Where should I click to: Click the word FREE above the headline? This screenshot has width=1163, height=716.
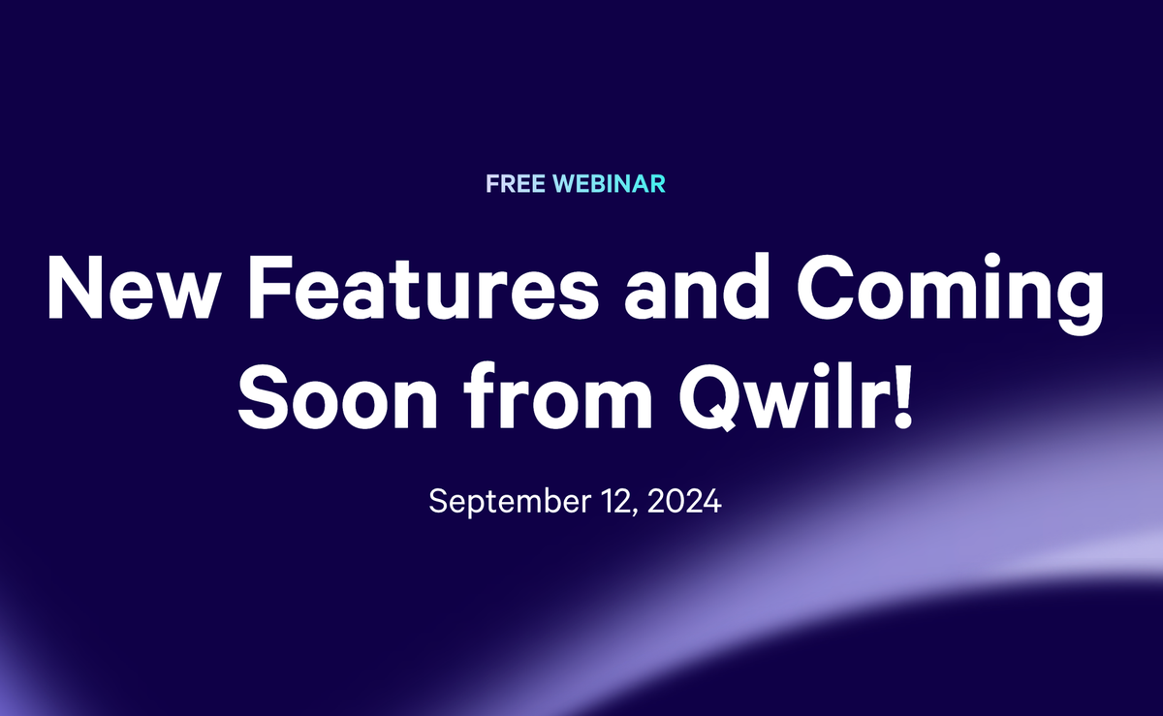click(516, 184)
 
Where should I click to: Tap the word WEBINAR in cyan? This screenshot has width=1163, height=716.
click(609, 184)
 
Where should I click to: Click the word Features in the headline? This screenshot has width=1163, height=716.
click(424, 287)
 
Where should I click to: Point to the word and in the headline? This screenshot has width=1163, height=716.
click(697, 286)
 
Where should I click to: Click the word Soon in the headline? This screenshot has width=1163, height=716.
click(338, 396)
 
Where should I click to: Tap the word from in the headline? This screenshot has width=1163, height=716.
click(558, 395)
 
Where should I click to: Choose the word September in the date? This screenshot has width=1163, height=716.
click(510, 502)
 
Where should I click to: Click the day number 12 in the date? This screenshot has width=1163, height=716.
click(616, 501)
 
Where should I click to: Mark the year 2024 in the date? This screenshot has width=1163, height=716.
click(684, 501)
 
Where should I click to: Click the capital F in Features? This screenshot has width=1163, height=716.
click(271, 287)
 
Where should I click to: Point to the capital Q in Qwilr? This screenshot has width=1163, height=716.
click(709, 397)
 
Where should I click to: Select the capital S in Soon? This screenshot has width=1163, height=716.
click(264, 396)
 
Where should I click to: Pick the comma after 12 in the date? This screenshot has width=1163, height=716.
click(636, 513)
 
